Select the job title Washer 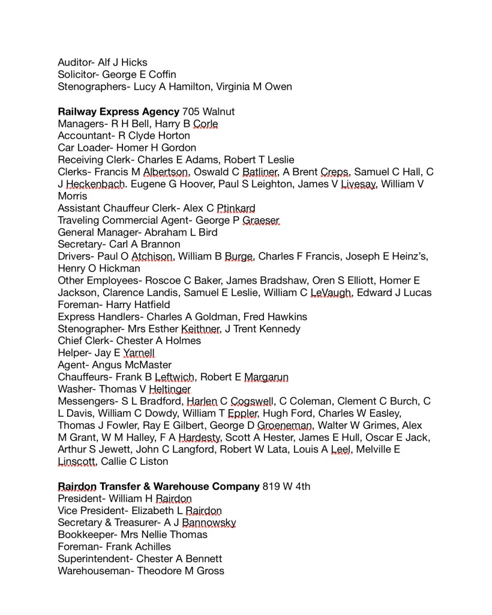pos(75,389)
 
